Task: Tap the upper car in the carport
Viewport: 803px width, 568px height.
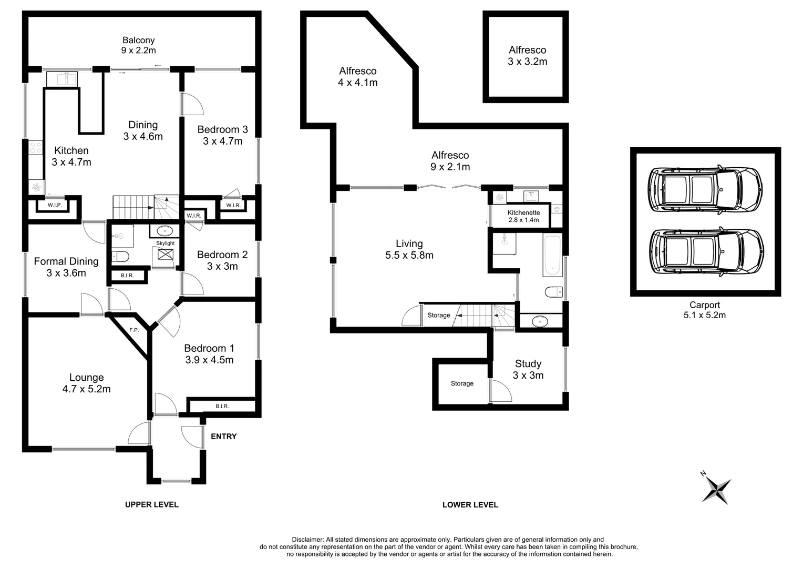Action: [705, 190]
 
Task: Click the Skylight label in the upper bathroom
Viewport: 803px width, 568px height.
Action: [166, 244]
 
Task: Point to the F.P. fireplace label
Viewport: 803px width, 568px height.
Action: [134, 330]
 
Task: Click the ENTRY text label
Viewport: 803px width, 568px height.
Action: [223, 437]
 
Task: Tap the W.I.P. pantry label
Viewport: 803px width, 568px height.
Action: [55, 205]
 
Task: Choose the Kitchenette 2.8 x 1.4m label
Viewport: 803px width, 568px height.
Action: [523, 216]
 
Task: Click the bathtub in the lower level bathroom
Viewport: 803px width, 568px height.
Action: [552, 256]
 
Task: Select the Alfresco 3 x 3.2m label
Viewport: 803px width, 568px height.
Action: [527, 56]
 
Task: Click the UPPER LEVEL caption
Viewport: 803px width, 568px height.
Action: [151, 504]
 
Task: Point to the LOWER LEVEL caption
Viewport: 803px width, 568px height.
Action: [470, 505]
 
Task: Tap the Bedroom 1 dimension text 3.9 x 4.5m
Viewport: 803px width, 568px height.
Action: [209, 360]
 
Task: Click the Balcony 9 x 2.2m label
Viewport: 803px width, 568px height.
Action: [138, 45]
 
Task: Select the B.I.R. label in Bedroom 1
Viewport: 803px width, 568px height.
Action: [222, 406]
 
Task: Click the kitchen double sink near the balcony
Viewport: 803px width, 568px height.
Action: [62, 79]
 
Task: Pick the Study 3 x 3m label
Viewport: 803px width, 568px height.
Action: [528, 369]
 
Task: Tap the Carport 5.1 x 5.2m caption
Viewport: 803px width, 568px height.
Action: [704, 310]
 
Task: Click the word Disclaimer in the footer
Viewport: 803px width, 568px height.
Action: [308, 540]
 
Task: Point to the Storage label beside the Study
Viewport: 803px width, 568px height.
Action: [462, 383]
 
